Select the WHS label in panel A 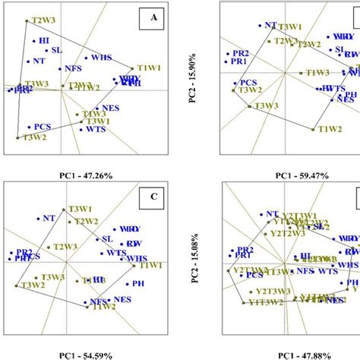point(101,57)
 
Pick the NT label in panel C point(49,218)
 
